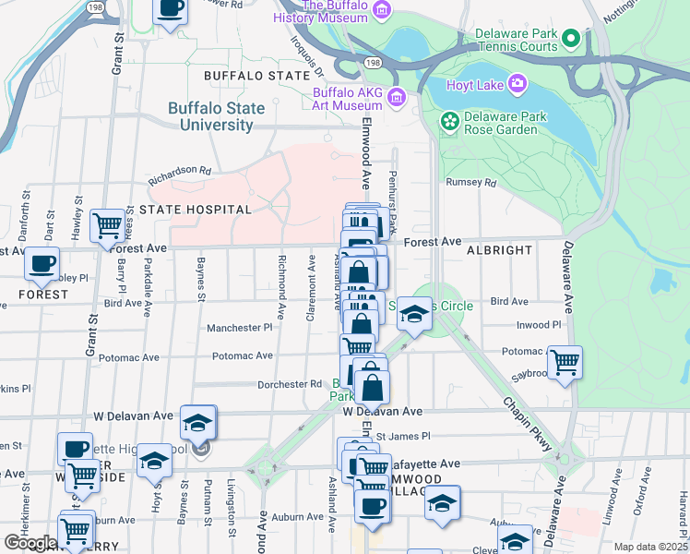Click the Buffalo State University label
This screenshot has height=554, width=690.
[216, 116]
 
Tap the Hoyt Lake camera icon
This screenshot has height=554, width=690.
[517, 84]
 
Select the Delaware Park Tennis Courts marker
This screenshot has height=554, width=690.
[570, 39]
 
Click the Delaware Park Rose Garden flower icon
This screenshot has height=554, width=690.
[449, 121]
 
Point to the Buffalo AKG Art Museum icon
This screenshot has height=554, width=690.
[397, 96]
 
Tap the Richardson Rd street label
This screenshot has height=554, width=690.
[182, 171]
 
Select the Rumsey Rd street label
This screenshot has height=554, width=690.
[471, 183]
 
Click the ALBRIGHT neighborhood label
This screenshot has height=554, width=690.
[499, 250]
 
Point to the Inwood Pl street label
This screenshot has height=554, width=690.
[539, 325]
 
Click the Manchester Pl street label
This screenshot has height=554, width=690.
[240, 328]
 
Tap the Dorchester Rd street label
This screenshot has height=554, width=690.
[289, 384]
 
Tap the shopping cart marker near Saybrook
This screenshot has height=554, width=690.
[565, 360]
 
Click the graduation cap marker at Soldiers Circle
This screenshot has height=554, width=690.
[415, 315]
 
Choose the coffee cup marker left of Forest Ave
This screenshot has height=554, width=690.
[42, 264]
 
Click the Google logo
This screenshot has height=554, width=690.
[30, 543]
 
